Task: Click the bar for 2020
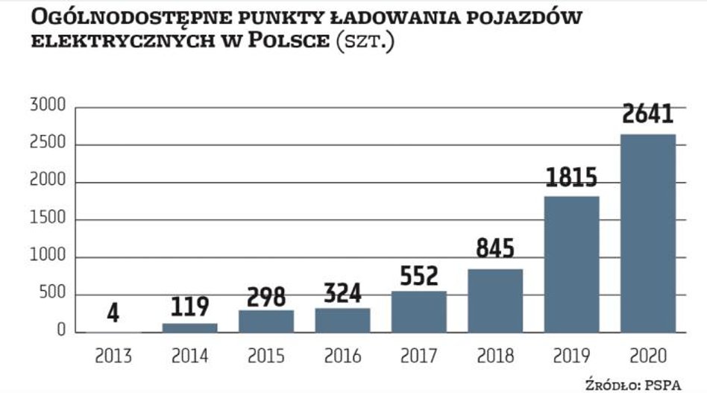coord(647,233)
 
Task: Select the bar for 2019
coord(571,264)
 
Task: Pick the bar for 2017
coord(419,311)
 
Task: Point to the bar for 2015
coord(266,321)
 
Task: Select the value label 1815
coord(571,177)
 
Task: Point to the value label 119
coord(189,306)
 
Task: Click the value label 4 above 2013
coord(113,312)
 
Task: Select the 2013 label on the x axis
coord(113,356)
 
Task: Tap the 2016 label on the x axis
coord(342,356)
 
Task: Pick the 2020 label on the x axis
coord(647,356)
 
